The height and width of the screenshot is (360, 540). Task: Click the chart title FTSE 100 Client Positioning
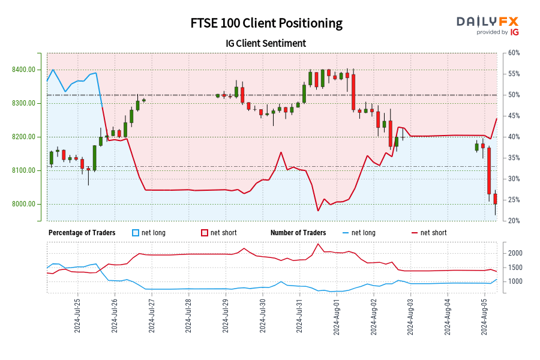(266, 23)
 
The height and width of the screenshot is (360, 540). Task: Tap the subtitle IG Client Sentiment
(266, 43)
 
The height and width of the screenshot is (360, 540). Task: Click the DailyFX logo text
(487, 21)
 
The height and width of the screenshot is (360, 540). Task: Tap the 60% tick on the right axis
(514, 53)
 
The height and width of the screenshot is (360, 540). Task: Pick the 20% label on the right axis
(514, 221)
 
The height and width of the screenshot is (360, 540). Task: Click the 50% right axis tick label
(514, 95)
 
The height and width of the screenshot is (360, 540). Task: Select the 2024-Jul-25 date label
(77, 315)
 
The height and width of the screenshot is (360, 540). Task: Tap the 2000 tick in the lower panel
(516, 253)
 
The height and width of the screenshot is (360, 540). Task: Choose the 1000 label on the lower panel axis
(516, 281)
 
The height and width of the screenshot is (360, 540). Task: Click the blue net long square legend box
(135, 233)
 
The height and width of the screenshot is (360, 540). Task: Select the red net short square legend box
(204, 233)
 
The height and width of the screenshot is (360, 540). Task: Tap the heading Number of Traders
(298, 233)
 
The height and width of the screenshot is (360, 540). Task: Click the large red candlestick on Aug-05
(490, 170)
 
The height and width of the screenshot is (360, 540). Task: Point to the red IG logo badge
(513, 32)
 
